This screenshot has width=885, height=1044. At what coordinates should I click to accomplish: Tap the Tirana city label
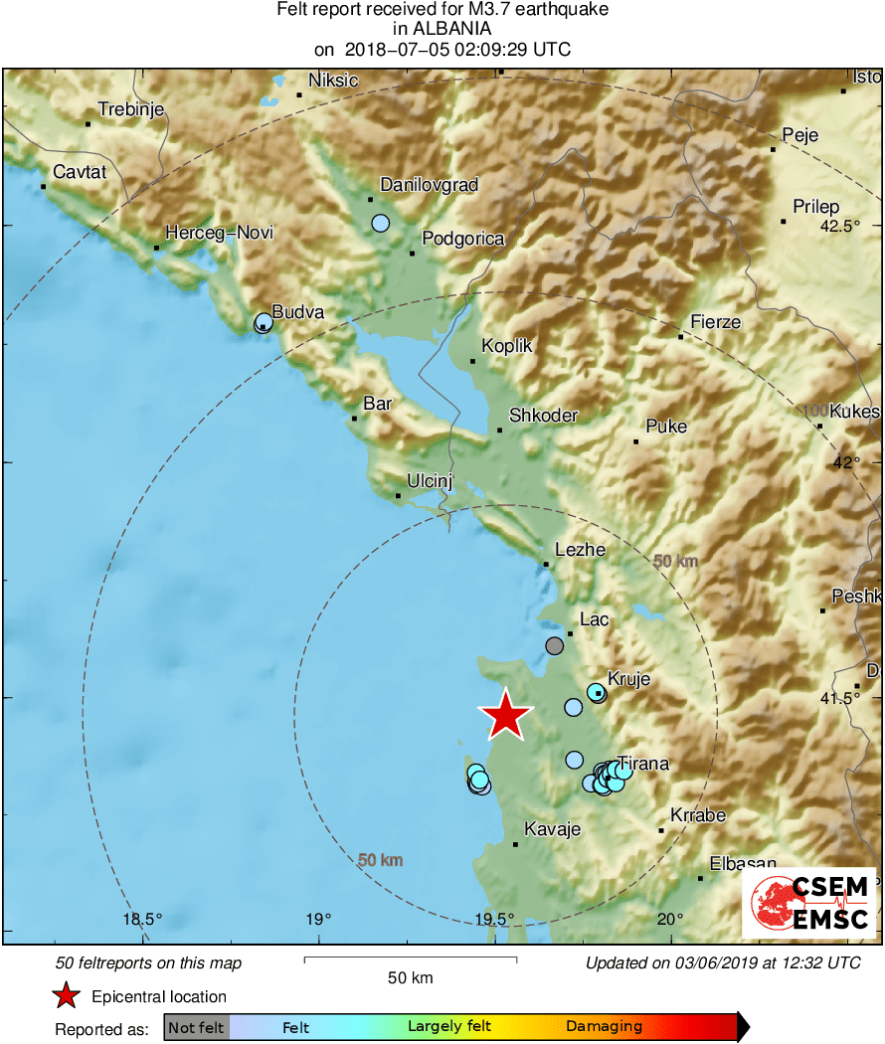point(643,764)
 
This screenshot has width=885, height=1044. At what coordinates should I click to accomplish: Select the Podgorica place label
point(463,239)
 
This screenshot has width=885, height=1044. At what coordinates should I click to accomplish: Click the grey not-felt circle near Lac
point(555,646)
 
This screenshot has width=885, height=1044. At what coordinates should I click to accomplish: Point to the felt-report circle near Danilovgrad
point(381,223)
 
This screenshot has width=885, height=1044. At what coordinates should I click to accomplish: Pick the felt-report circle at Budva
point(264,322)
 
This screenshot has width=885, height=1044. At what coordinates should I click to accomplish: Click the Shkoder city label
point(543,416)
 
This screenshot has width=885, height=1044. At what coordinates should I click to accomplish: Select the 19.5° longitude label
point(494,919)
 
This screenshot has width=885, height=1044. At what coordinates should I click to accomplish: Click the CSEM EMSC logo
point(808,903)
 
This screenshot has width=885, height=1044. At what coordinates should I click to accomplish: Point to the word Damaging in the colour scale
point(604,1026)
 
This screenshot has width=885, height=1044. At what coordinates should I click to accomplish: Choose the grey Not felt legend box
point(197,1027)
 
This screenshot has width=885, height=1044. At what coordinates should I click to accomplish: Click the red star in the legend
point(66,995)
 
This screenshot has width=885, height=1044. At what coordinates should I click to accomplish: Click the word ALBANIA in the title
point(442,29)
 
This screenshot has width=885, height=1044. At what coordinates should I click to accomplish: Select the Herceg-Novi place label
point(219,233)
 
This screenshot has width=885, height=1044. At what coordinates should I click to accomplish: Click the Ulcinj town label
point(430,482)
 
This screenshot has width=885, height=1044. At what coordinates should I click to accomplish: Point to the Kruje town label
point(628,680)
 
